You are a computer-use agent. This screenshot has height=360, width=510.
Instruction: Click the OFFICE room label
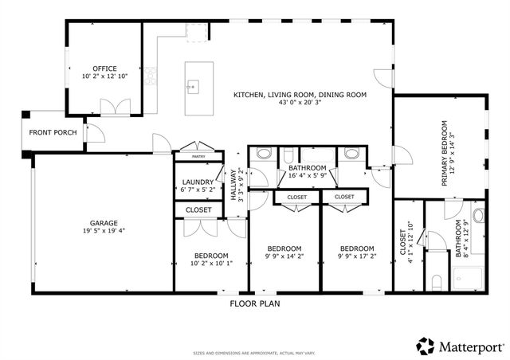tap(104, 69)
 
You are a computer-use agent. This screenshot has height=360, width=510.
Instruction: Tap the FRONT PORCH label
tap(53, 132)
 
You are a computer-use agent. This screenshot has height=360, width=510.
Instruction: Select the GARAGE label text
tap(104, 223)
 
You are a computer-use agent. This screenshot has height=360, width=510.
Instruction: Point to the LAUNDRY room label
tap(198, 182)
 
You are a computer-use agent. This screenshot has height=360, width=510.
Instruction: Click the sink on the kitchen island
tap(192, 84)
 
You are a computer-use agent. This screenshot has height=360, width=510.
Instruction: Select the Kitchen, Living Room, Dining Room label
tap(300, 95)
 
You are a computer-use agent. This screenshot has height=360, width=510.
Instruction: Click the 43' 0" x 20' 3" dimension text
tap(300, 103)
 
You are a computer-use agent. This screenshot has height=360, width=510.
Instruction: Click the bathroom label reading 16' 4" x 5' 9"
tap(307, 171)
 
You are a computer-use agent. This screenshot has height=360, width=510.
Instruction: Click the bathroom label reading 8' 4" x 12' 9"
tap(462, 239)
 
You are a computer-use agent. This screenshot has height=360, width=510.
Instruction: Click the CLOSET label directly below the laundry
tap(198, 210)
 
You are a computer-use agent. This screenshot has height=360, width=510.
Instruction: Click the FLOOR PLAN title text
tap(254, 303)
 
